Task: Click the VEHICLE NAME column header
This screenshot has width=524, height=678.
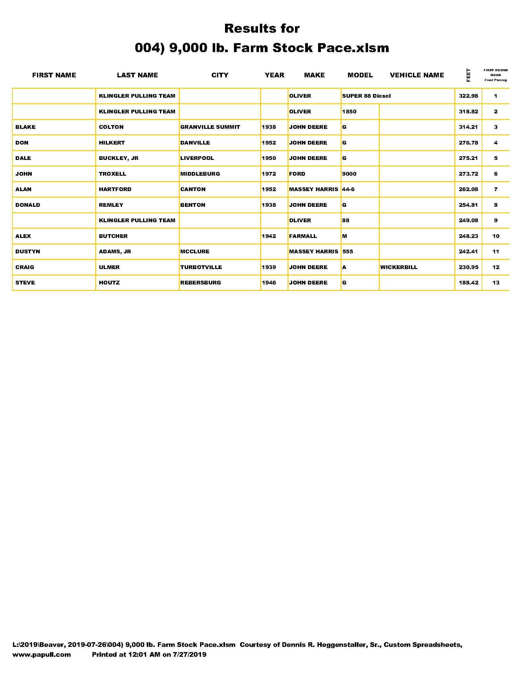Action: (417, 75)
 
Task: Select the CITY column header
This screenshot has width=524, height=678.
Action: (220, 75)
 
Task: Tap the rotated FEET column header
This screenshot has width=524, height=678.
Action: (469, 75)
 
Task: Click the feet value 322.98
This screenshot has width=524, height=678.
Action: (469, 96)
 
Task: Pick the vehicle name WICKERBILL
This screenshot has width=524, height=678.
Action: (399, 267)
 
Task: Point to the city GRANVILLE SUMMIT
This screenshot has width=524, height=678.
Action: (210, 127)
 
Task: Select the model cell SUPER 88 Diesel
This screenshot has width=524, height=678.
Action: (366, 96)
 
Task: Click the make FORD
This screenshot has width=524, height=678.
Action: (297, 174)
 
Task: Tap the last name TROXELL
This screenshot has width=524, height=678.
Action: (113, 174)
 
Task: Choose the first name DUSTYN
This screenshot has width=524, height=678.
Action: (28, 251)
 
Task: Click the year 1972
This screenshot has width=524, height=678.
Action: (269, 174)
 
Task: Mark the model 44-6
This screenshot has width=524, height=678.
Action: (348, 189)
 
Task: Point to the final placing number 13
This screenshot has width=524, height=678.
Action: (496, 283)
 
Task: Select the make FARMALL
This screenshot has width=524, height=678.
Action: (303, 236)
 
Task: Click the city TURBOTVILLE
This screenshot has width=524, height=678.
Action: (201, 267)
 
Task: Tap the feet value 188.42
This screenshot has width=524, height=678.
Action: (469, 283)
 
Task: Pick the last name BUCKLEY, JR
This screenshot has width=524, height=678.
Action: (119, 158)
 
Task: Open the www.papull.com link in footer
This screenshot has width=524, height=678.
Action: (42, 654)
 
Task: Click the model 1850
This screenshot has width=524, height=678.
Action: (349, 112)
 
